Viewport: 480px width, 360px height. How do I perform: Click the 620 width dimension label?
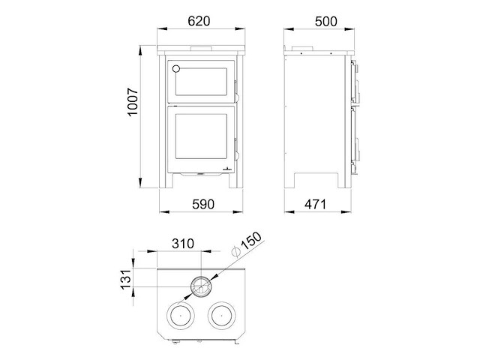tap(199, 21)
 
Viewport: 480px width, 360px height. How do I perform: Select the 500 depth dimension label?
tap(326, 22)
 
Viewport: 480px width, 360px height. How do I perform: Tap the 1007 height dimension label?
tap(133, 102)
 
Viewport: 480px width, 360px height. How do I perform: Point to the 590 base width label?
tap(203, 204)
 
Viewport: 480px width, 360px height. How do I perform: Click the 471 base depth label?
tap(316, 204)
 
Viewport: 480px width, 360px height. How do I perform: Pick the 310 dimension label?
tap(183, 244)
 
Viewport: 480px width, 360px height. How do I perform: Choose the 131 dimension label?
tap(126, 280)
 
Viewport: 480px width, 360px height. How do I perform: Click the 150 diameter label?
tap(251, 241)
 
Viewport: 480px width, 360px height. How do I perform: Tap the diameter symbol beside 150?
tap(236, 252)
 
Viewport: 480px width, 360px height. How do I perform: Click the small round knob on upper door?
tap(176, 68)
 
